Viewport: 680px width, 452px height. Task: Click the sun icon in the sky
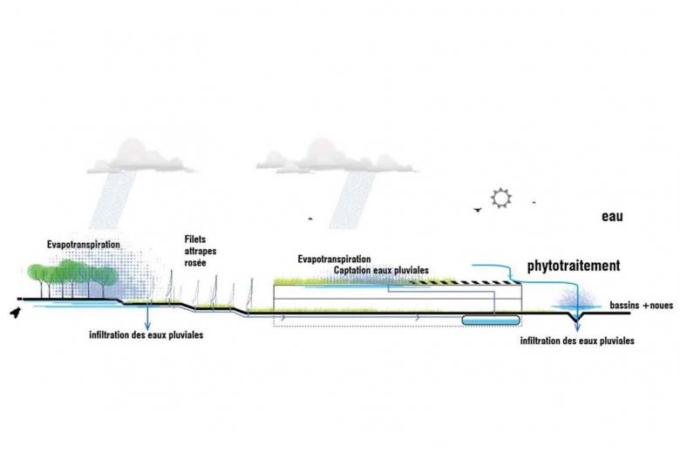(500, 198)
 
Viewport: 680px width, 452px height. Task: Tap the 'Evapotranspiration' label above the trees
(84, 245)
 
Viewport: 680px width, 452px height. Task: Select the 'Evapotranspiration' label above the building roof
(334, 260)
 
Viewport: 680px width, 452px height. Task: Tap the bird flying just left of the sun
(476, 209)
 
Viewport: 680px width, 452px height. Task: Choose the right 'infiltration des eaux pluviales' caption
(576, 341)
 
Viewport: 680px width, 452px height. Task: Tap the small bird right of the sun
(534, 202)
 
